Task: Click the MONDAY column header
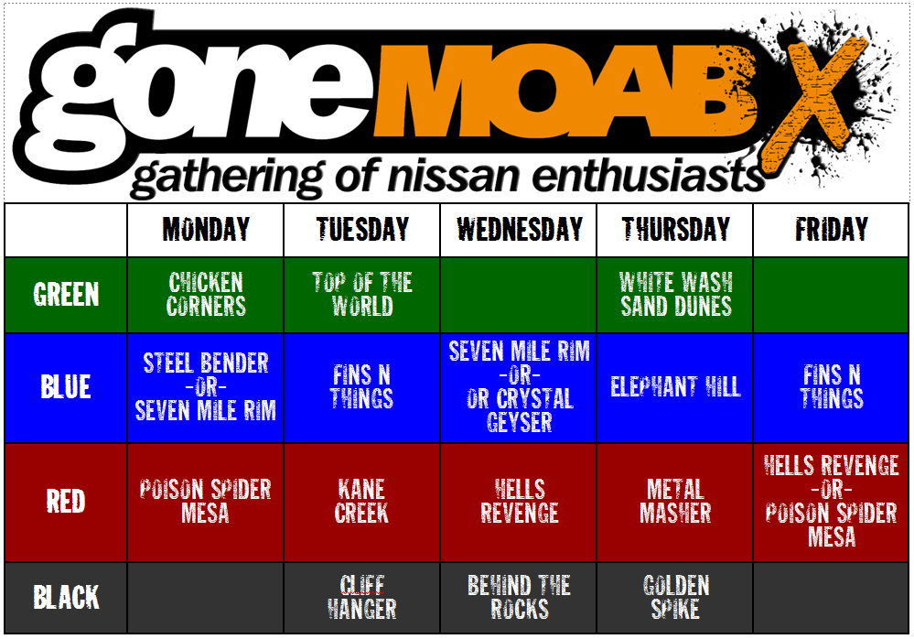click(206, 229)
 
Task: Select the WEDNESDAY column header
click(520, 229)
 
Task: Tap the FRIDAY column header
click(832, 229)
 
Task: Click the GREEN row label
click(66, 295)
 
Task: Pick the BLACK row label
click(66, 598)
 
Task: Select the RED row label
click(66, 502)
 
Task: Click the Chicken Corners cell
click(206, 295)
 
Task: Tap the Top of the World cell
click(362, 295)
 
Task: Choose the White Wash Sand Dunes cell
click(675, 295)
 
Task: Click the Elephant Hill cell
click(675, 386)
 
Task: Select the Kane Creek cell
click(362, 502)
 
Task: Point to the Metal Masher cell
click(675, 502)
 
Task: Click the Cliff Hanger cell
click(362, 598)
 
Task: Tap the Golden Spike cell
click(675, 598)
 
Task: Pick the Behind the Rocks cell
click(520, 598)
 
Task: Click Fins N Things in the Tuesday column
click(362, 386)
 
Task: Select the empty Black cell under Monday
click(205, 598)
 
